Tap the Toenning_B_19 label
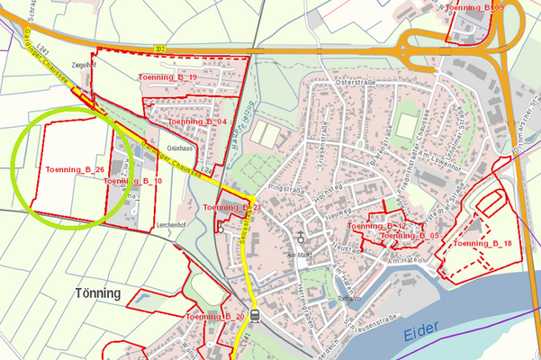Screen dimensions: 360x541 tap(168, 78)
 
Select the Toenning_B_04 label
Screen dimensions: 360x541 tap(196, 121)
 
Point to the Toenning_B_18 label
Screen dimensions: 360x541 tap(482, 244)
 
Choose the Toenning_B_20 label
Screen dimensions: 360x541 tap(215, 317)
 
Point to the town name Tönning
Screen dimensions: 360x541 tap(98, 293)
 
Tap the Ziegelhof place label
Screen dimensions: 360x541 tap(83, 65)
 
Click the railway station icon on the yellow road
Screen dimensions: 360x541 tap(256, 316)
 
